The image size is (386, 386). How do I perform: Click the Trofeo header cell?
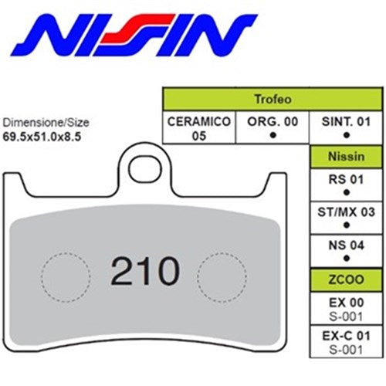point(273,100)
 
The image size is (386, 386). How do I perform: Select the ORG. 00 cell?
point(272,128)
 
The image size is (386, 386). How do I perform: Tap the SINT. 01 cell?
point(344,128)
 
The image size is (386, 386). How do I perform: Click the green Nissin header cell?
point(345,157)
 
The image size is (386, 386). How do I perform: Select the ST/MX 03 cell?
point(345,217)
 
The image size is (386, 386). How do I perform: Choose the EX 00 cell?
point(345,308)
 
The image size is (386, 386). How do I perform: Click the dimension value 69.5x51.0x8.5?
point(42,135)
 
